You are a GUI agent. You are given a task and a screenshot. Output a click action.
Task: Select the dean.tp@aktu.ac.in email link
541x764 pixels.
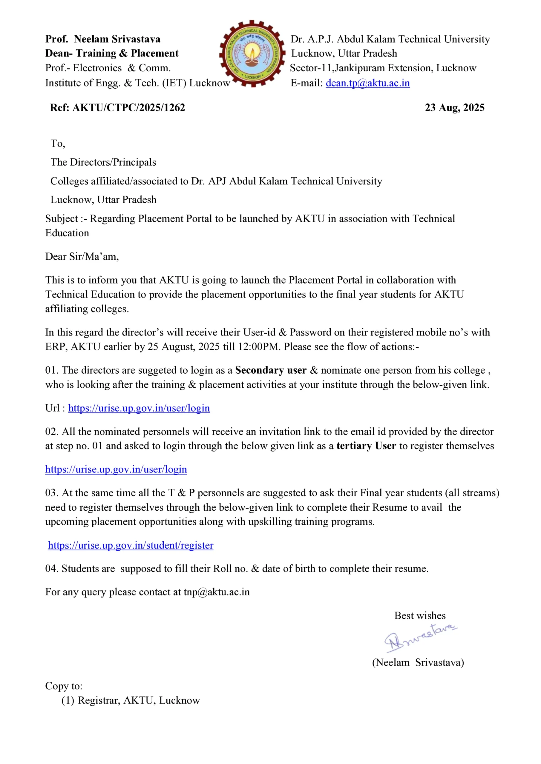point(367,83)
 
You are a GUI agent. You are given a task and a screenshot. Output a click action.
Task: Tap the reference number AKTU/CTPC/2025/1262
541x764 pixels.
point(128,107)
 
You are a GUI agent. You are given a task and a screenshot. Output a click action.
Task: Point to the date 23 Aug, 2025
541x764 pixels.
point(454,107)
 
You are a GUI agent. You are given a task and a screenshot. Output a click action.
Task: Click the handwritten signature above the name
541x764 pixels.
point(420,637)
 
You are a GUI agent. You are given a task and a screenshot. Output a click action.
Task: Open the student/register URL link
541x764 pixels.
point(131,545)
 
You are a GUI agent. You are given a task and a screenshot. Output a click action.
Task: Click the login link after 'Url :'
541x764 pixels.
point(139,408)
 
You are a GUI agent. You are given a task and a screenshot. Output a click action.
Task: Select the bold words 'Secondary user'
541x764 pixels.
point(271,370)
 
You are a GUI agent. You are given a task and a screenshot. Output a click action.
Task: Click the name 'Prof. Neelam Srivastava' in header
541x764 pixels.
point(102,39)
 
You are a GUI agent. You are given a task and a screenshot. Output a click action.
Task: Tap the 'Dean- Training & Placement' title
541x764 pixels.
point(112,53)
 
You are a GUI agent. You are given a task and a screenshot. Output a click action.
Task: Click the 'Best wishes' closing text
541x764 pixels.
point(420,616)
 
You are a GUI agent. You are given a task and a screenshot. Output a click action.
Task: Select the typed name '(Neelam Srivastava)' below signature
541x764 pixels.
point(418,663)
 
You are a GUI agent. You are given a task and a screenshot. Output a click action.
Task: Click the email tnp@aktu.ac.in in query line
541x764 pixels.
point(217,592)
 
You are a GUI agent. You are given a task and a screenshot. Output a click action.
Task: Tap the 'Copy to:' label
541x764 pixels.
point(64,686)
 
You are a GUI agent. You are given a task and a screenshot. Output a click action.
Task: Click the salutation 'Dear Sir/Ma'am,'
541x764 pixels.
point(82,257)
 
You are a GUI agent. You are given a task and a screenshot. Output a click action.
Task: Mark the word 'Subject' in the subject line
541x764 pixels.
point(62,219)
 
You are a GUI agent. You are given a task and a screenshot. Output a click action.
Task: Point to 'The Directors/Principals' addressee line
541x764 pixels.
point(103,162)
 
